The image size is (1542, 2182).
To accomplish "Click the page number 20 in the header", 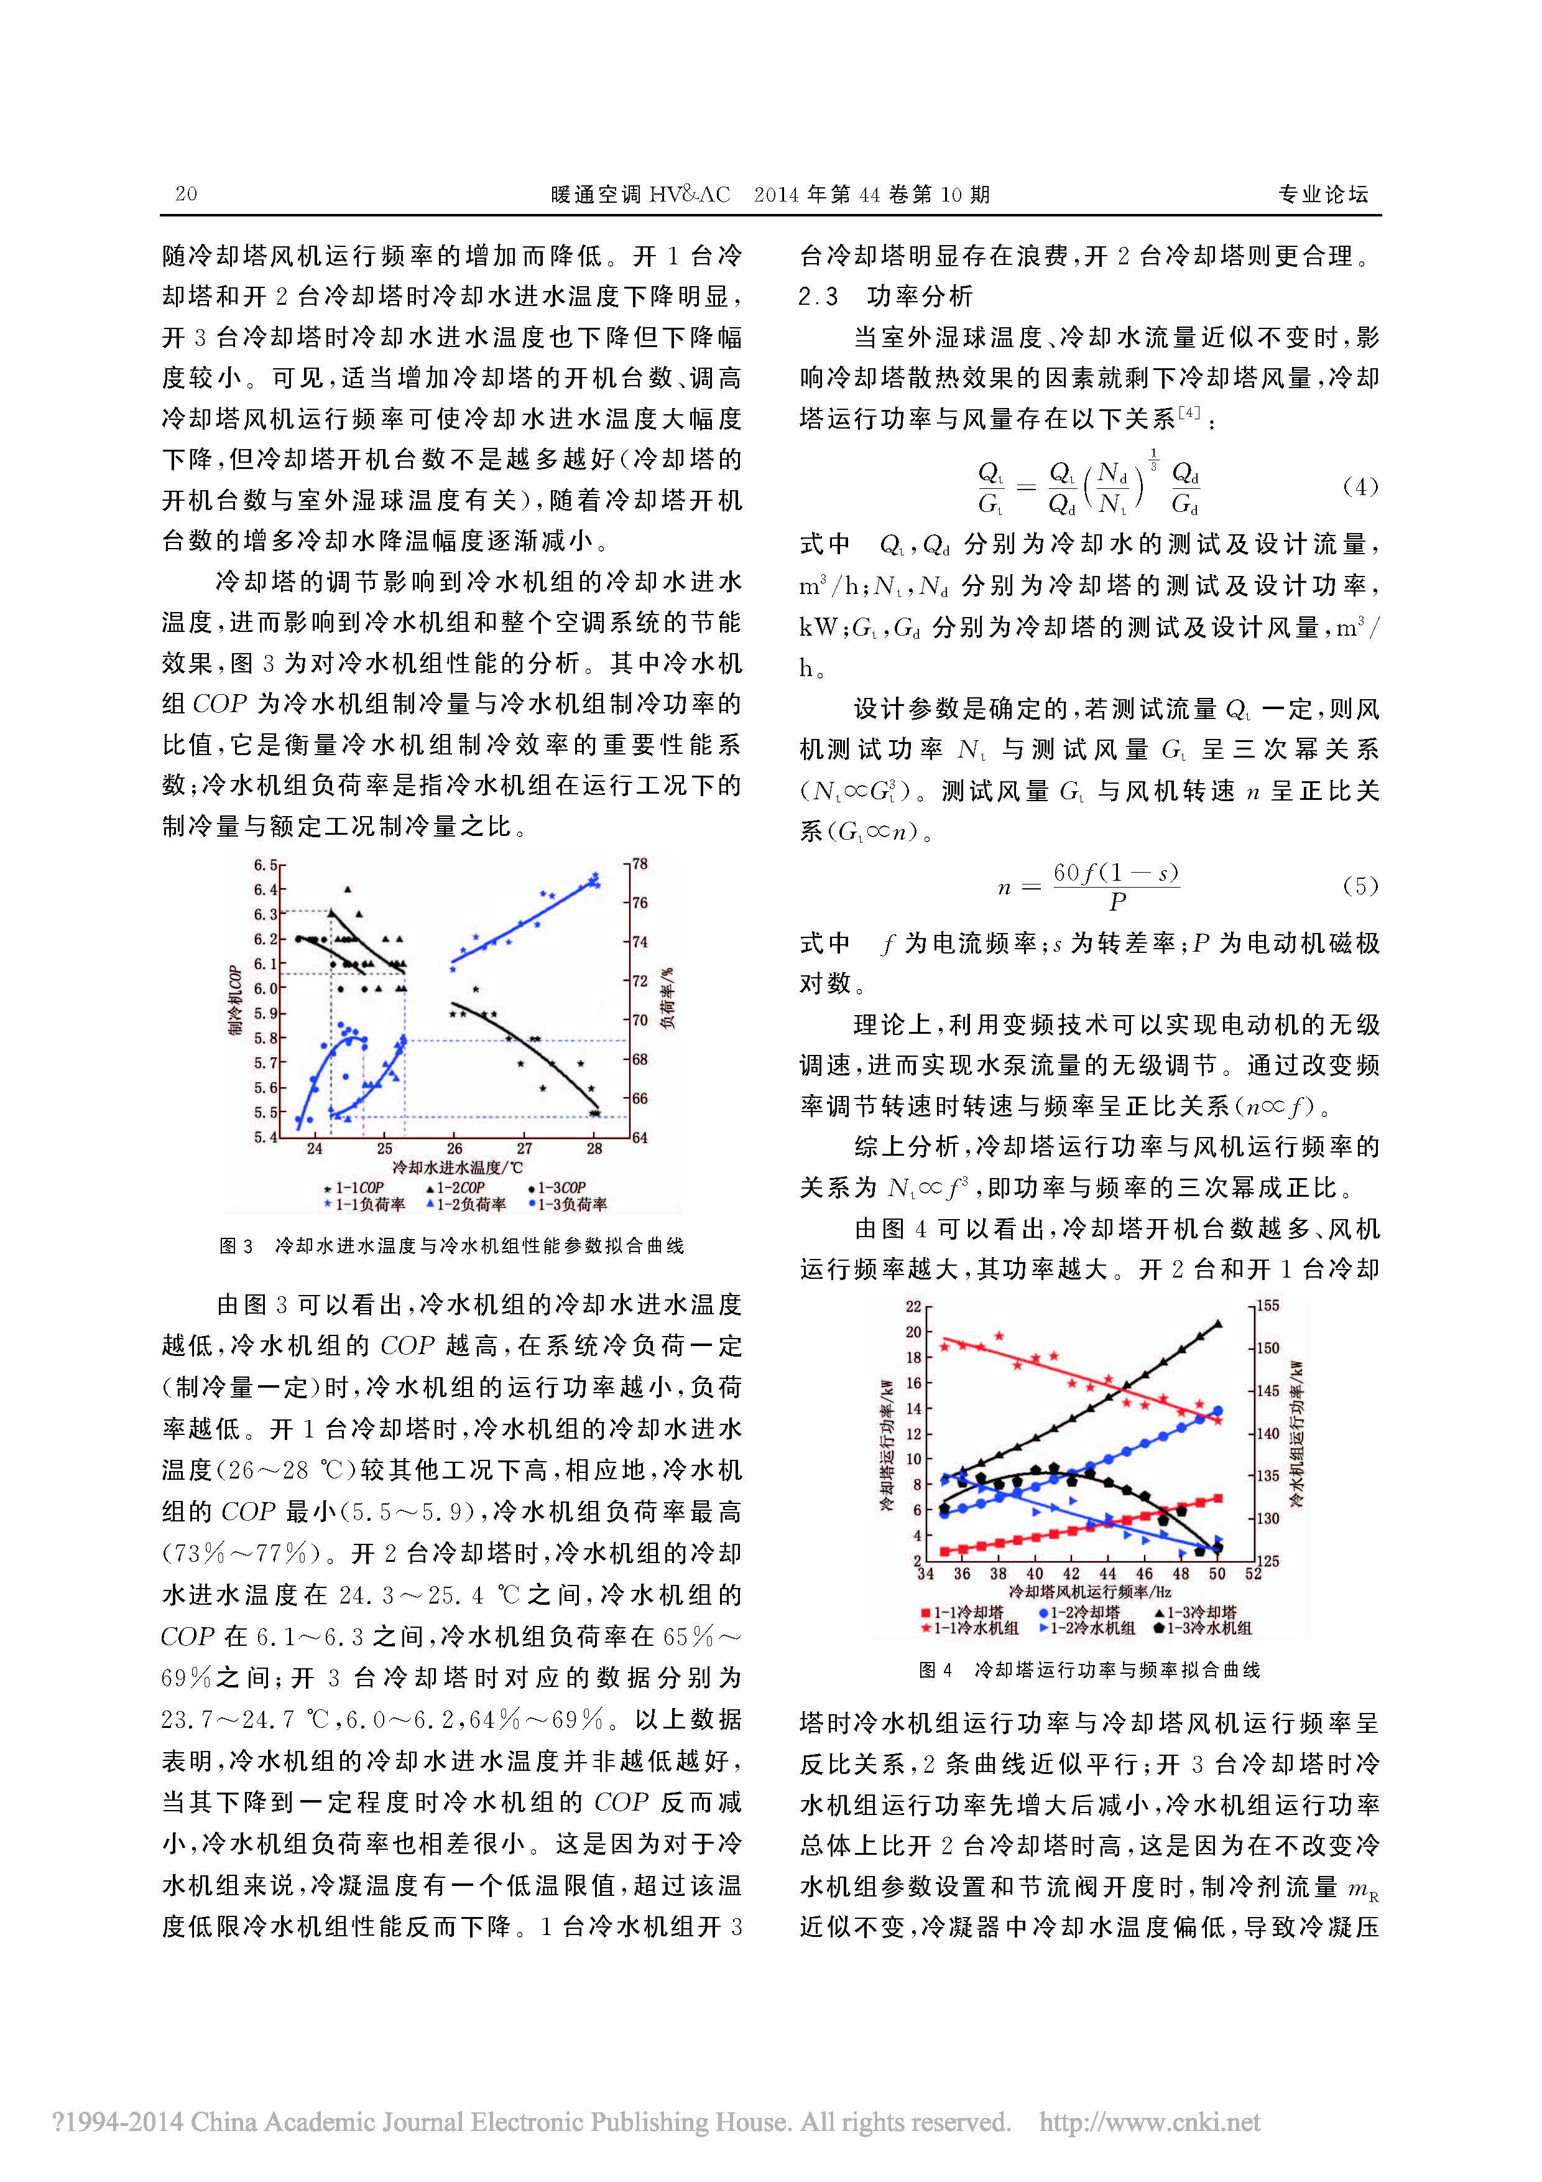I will point(186,194).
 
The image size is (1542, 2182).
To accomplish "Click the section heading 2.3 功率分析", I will point(885,297).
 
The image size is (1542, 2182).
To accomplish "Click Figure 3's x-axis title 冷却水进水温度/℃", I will point(458,1167).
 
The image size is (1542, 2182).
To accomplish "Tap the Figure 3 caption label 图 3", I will point(236,1246).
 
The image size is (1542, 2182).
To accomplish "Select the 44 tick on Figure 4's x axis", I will point(1108,1574).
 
